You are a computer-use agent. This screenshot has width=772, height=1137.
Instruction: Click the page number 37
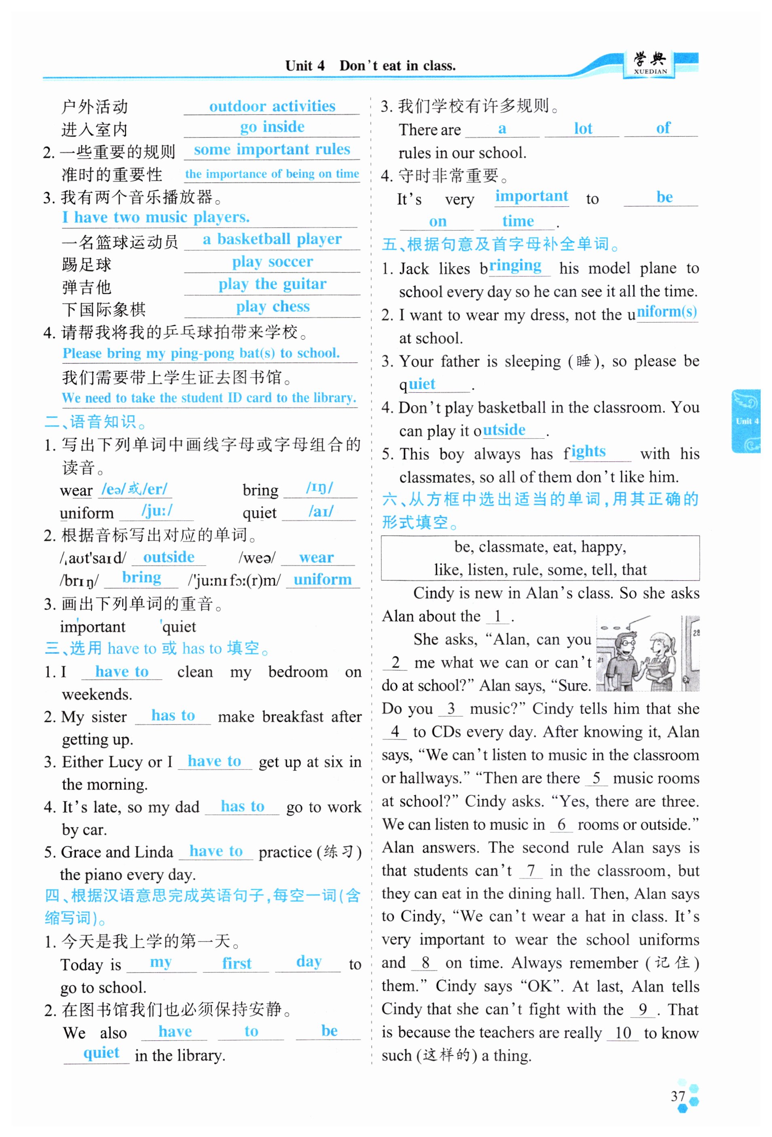click(678, 1096)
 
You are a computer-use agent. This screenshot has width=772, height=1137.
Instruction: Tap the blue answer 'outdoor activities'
click(272, 106)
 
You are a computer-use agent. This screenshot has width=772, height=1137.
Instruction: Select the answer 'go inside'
click(272, 127)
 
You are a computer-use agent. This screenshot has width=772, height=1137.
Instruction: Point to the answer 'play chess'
click(273, 307)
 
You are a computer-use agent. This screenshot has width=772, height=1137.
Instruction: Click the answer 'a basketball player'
click(272, 239)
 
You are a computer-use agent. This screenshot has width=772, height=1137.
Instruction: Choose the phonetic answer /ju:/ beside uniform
click(157, 511)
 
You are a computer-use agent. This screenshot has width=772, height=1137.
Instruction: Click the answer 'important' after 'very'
click(531, 196)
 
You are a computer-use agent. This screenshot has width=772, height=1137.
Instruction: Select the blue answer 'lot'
click(583, 129)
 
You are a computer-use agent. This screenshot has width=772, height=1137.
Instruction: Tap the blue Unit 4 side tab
click(746, 421)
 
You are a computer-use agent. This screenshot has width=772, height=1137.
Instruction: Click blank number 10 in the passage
click(623, 1033)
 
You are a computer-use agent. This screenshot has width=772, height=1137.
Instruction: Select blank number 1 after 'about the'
click(497, 616)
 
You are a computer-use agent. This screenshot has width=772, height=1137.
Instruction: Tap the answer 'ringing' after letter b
click(515, 266)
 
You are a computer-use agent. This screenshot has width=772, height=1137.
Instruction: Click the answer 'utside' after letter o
click(504, 430)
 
